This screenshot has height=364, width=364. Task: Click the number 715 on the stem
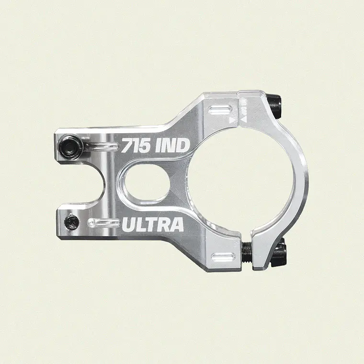pos(136,146)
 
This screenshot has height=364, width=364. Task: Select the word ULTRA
pos(153,224)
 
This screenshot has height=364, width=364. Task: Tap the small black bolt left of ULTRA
pos(72,221)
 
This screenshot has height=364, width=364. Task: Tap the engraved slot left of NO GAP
pos(221,111)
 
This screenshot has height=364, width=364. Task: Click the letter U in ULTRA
pos(129,224)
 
